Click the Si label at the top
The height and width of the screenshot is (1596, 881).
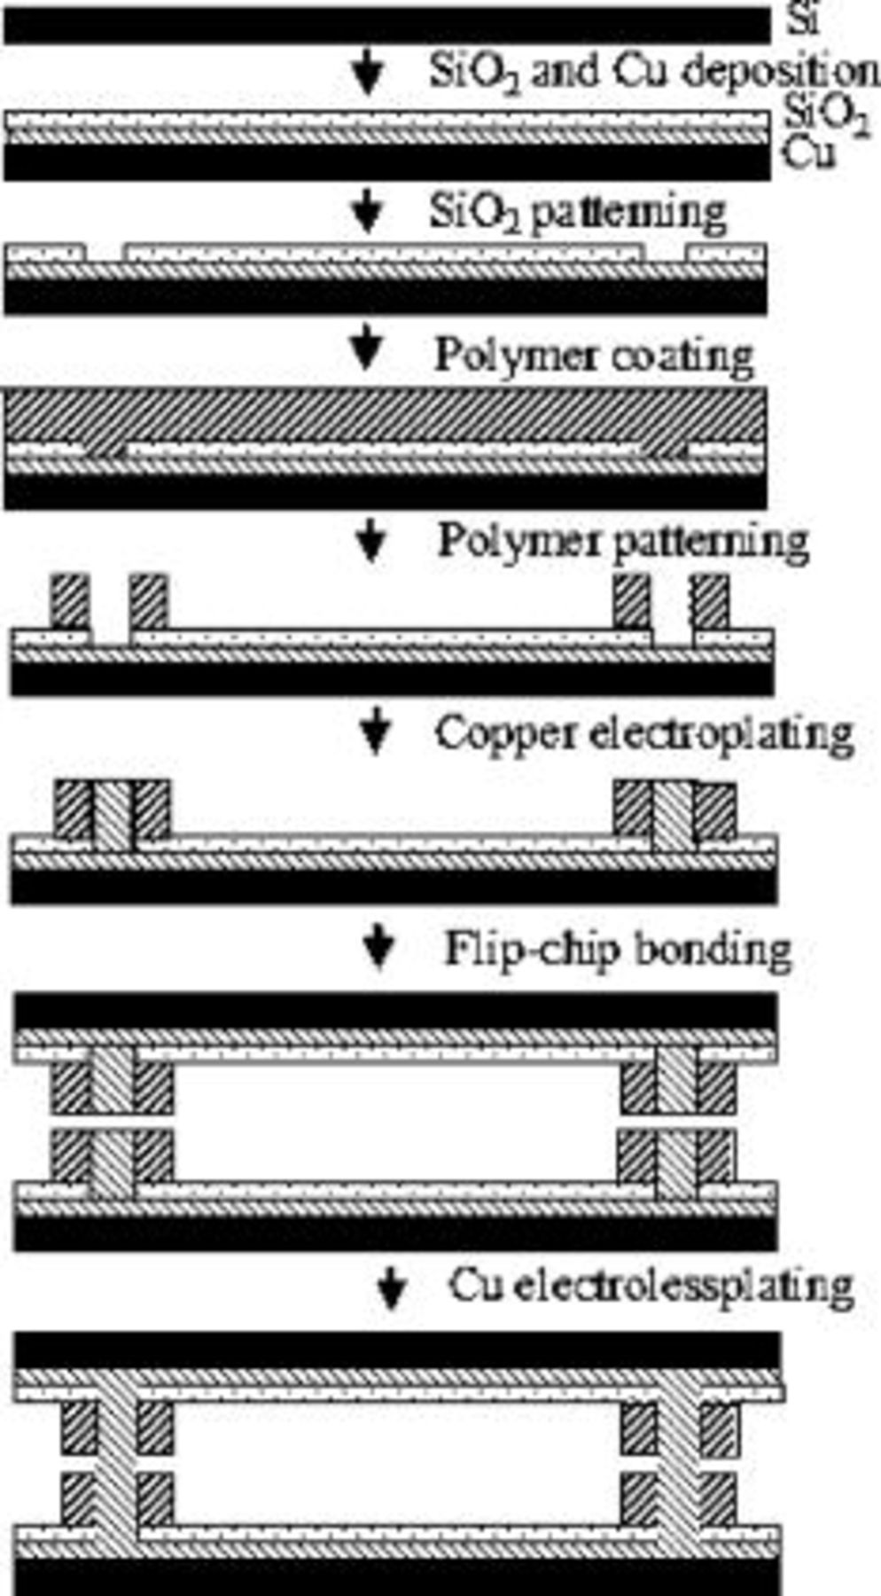click(x=803, y=20)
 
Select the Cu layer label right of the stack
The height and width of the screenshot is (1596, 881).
click(x=808, y=153)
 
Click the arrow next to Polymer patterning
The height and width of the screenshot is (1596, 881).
click(x=371, y=540)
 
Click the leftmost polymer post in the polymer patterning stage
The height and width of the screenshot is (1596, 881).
click(x=70, y=601)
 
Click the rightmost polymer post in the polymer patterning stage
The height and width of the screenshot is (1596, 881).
click(x=711, y=601)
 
